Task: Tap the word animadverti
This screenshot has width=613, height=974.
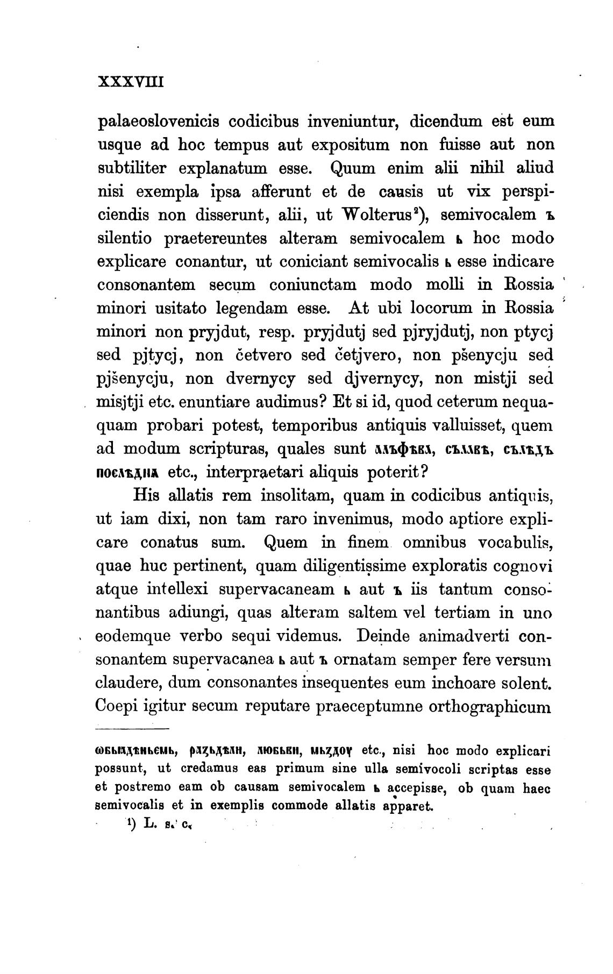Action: pos(463,636)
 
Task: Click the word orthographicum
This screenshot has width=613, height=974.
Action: pos(490,706)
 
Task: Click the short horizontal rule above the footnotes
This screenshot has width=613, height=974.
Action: pos(132,729)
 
